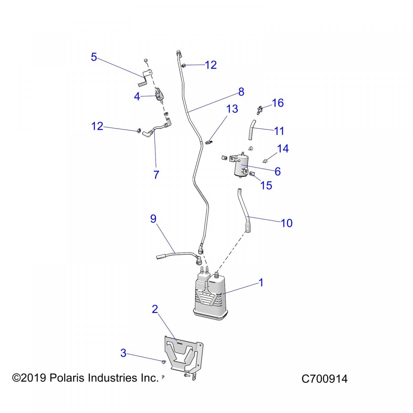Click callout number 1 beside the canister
[x=261, y=283]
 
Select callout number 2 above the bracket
[x=155, y=309]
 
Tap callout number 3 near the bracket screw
[x=123, y=353]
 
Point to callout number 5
[x=94, y=57]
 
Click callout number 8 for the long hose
[x=241, y=92]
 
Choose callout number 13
[x=232, y=109]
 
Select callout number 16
[x=278, y=103]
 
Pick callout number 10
[x=286, y=223]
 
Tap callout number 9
[x=153, y=219]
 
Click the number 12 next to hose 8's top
[x=211, y=65]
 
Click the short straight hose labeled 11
[x=252, y=130]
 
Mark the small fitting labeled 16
[x=259, y=110]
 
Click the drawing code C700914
[x=324, y=379]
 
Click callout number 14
[x=283, y=149]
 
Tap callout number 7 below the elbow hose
[x=156, y=175]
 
